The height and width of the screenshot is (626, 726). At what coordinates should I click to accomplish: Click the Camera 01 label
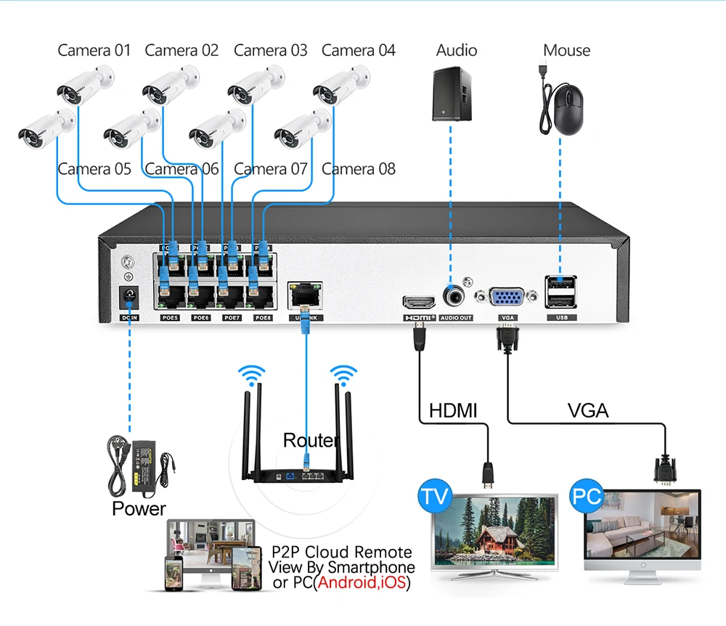tap(94, 50)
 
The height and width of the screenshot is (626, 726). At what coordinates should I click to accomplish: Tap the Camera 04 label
tap(358, 50)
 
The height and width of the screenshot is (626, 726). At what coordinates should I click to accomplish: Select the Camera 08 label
tap(358, 169)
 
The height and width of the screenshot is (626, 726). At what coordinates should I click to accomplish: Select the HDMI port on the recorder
tap(417, 303)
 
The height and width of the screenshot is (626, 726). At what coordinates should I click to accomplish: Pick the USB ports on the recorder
tap(560, 290)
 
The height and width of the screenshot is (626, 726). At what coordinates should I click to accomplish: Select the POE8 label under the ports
tap(263, 318)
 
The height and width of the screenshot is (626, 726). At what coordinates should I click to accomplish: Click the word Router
tap(311, 440)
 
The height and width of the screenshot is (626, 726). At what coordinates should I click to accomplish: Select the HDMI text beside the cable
tap(453, 410)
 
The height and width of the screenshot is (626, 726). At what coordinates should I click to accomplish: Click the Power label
tap(139, 508)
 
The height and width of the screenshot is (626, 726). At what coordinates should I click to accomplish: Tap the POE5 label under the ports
tap(169, 318)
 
